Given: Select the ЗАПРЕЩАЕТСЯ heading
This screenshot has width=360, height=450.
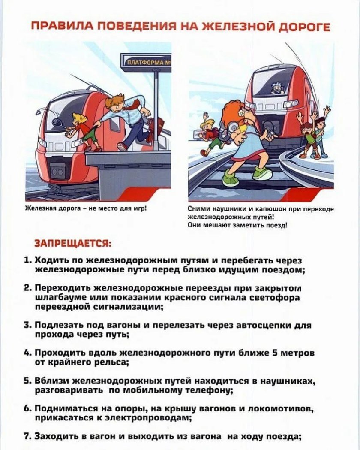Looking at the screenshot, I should [73, 244].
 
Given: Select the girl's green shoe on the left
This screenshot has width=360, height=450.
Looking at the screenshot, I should [230, 179].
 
